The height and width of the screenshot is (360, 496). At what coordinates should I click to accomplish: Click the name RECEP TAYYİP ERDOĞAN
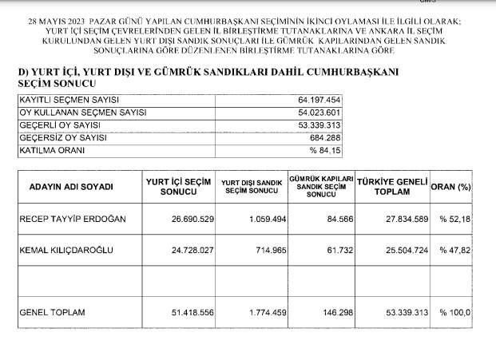pyautogui.click(x=71, y=219)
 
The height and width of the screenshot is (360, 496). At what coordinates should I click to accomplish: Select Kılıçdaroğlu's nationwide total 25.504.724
pyautogui.click(x=403, y=250)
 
